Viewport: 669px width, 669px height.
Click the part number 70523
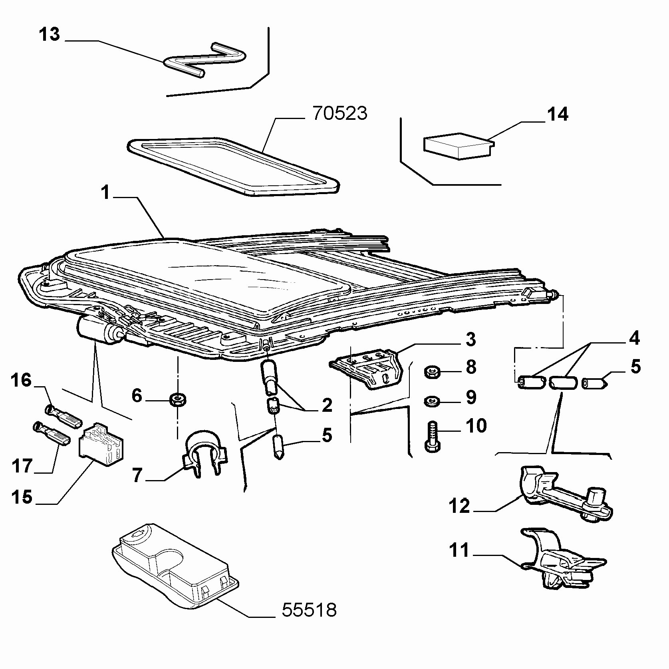[x=340, y=114]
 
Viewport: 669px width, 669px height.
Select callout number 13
[x=50, y=34]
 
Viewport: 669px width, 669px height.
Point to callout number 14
[x=558, y=114]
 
